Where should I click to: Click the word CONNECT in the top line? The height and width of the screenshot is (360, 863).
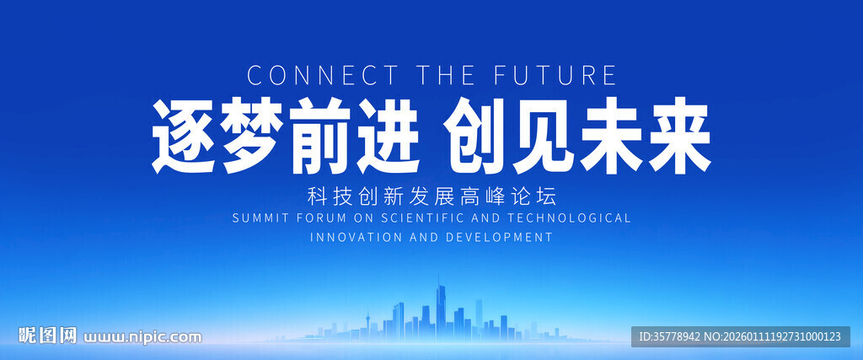(322, 75)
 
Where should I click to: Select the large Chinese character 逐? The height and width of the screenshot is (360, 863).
(184, 136)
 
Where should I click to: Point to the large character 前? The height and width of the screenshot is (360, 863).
(320, 136)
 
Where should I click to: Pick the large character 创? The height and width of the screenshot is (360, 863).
(475, 136)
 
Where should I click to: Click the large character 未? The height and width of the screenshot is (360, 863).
(612, 136)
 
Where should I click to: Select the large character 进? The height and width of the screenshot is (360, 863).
(389, 136)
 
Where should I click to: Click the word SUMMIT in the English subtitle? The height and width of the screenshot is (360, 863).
(260, 218)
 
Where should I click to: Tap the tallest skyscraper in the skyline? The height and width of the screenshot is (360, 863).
(440, 310)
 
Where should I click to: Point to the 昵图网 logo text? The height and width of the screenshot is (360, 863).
(47, 336)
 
